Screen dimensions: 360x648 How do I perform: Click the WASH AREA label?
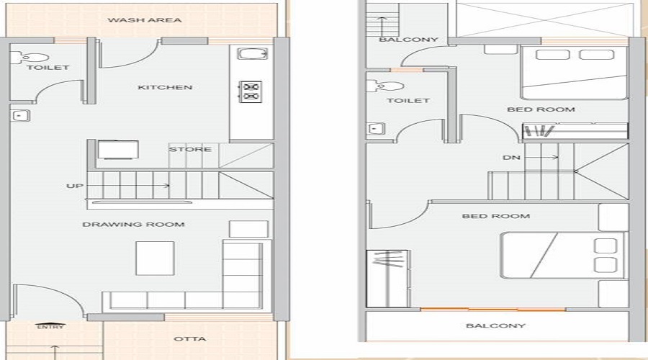145,20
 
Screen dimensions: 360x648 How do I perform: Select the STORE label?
190,150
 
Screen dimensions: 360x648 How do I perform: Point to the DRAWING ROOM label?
133,225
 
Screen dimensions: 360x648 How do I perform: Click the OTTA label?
190,339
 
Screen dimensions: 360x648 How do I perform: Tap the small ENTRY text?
50,328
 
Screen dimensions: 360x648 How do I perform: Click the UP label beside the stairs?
75,186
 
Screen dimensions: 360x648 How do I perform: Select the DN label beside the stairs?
512,157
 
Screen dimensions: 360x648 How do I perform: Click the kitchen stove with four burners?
251,91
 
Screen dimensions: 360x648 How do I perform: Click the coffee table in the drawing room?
155,256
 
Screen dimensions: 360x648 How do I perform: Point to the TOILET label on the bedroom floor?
408,101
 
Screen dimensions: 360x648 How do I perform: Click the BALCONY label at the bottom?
495,326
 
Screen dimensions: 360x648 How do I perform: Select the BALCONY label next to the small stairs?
408,40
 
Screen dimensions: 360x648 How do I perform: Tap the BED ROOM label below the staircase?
495,216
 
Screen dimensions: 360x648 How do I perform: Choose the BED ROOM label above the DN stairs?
541,109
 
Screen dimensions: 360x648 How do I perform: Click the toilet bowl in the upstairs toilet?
377,86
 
